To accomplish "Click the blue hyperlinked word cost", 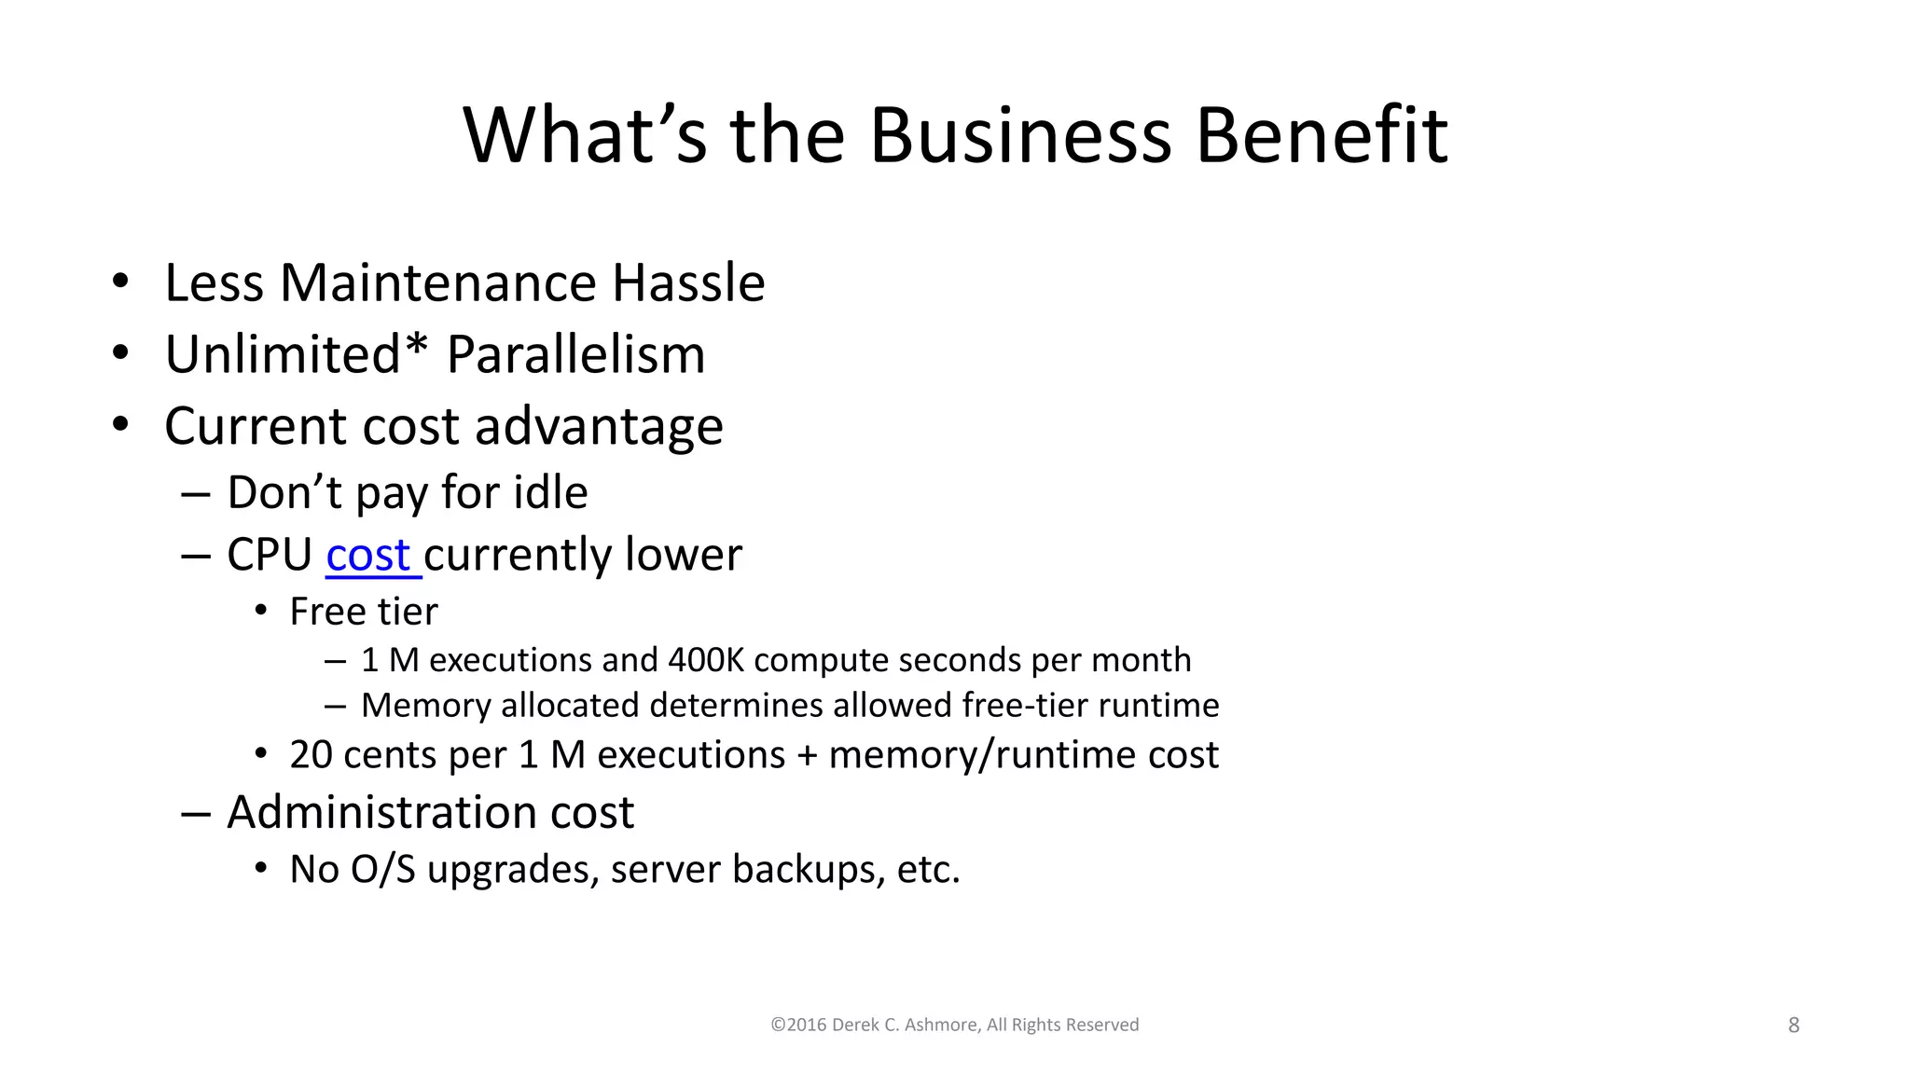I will pos(368,556).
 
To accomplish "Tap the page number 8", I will pos(1793,1026).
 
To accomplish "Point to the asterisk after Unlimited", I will pos(416,347).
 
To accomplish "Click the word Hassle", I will pos(688,283).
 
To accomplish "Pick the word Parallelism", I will pos(575,355).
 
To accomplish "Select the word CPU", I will pos(270,556).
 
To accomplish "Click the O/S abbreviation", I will pos(382,870).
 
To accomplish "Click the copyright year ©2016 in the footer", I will pos(798,1026).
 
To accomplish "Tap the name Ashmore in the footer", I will pos(941,1026).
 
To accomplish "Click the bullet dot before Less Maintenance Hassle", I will pos(119,282).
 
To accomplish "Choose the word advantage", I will pos(599,428).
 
